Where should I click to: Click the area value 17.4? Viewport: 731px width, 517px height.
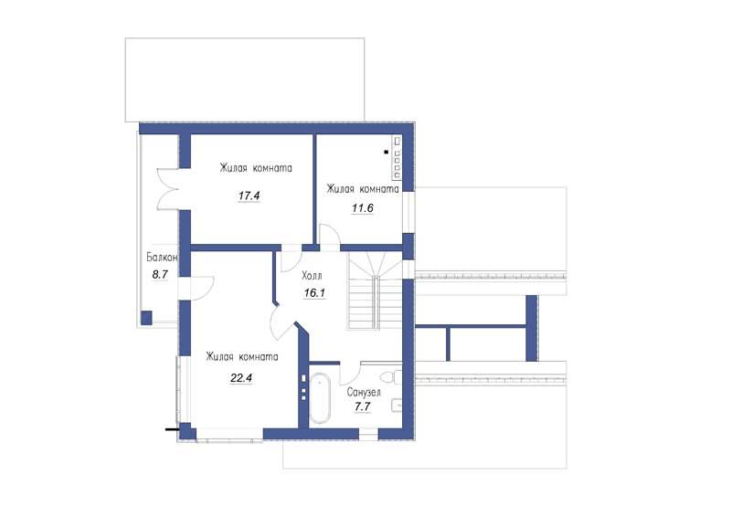(249, 195)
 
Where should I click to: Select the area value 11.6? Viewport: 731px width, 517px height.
(362, 208)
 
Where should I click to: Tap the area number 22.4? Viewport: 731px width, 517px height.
(241, 377)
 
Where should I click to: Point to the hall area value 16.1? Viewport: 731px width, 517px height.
(314, 293)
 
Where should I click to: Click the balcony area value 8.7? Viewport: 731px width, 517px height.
(160, 275)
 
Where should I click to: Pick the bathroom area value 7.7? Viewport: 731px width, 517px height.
(362, 406)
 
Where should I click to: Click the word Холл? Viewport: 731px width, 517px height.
(312, 276)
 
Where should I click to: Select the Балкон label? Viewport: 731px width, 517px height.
(162, 258)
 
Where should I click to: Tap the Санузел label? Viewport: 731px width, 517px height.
(364, 392)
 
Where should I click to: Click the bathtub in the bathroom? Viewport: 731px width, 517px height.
(321, 398)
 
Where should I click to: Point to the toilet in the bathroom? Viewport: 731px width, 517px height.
(391, 376)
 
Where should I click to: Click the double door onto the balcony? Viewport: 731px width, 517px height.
(168, 188)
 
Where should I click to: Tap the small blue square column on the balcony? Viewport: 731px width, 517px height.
(146, 318)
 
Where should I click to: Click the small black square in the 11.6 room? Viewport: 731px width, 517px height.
(386, 152)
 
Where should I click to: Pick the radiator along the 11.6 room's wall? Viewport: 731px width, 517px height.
(397, 157)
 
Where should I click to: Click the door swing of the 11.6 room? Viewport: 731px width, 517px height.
(329, 236)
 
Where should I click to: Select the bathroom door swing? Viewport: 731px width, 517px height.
(350, 373)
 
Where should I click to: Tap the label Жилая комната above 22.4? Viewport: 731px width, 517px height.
(242, 357)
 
